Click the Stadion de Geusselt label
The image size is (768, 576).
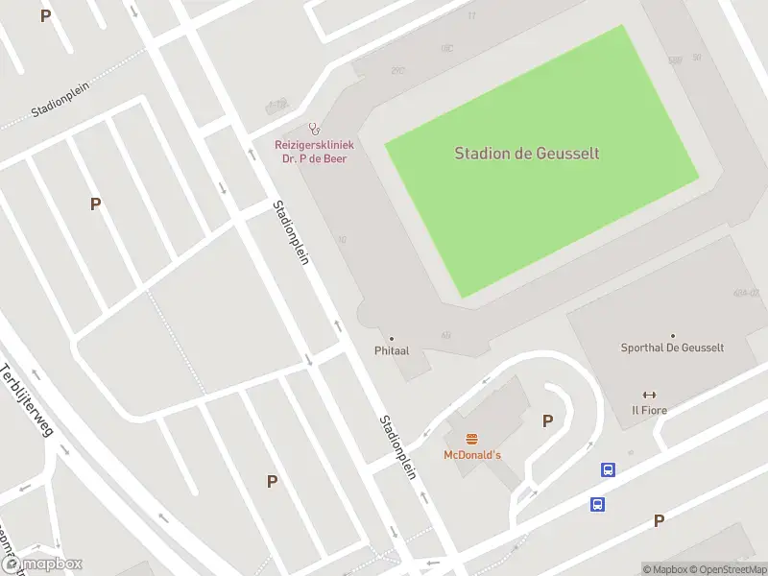coord(527,153)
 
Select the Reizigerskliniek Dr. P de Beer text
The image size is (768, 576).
coord(311,152)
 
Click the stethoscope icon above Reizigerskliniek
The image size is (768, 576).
coord(312,129)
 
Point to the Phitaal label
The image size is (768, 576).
coord(392,350)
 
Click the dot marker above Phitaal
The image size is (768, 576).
coord(392,338)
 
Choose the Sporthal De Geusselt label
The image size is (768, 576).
coord(672,348)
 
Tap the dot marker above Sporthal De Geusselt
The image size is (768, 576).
coord(672,335)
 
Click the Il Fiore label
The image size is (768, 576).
coord(649,410)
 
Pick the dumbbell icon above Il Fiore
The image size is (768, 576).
coord(649,395)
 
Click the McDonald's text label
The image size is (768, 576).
coord(472,454)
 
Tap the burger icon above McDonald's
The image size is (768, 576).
coord(471,439)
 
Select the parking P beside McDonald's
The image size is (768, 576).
coord(548,420)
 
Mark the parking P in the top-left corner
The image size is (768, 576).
coord(45,15)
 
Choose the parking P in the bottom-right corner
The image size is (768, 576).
coord(659,520)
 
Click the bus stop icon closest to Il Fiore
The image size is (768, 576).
coord(608,469)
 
